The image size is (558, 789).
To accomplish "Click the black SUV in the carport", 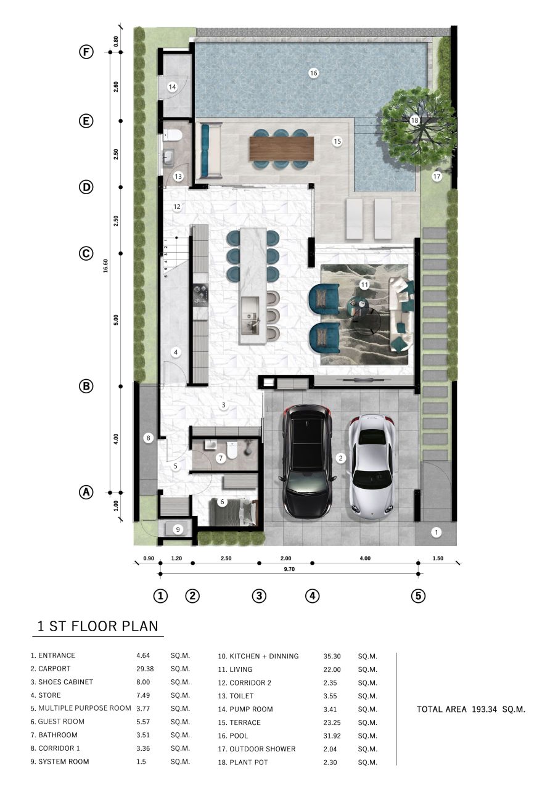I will click(307, 461).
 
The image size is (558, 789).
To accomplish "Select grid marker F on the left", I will click(86, 52).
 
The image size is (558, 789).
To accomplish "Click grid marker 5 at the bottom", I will click(419, 596).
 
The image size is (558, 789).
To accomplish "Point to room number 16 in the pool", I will click(313, 73).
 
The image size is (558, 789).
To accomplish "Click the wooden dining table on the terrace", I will click(282, 148).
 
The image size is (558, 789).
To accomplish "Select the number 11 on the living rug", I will click(364, 285).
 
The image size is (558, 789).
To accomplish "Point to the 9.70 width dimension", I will click(289, 570).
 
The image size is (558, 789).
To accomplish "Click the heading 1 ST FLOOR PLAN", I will click(97, 627).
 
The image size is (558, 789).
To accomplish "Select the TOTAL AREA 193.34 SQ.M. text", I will click(471, 709).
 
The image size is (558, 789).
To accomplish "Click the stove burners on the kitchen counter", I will click(200, 294).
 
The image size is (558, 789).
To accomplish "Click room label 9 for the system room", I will click(178, 529).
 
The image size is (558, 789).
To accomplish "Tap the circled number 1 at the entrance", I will click(437, 532).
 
